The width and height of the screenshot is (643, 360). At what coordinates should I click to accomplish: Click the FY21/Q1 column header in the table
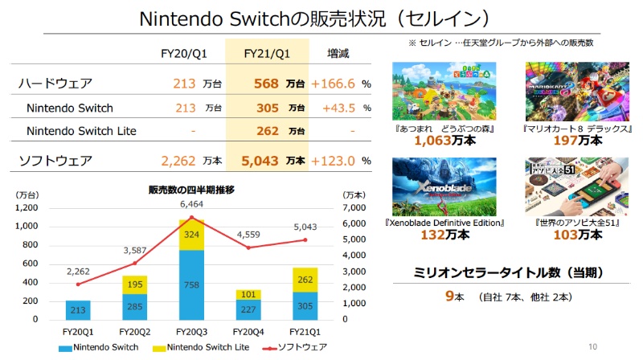[267, 54]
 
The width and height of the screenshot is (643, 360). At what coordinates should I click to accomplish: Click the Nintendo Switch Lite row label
[81, 131]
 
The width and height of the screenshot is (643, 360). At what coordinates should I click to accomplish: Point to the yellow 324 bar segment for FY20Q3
[191, 234]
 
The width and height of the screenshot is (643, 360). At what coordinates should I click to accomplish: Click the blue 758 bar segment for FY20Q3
[191, 284]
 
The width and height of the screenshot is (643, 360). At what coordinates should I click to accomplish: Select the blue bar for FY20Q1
[77, 309]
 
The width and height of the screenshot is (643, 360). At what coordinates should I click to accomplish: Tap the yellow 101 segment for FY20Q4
[248, 294]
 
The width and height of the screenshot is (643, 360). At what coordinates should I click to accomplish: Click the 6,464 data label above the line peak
[191, 205]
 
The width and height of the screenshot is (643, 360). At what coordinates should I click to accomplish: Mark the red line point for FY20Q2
[134, 263]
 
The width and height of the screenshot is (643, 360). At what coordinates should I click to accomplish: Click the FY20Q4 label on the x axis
[248, 330]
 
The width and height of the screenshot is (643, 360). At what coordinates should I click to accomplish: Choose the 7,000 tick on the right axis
[354, 207]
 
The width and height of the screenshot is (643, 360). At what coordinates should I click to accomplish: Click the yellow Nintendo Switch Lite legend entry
[202, 347]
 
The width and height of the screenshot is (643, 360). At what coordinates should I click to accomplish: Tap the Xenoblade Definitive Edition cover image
[444, 186]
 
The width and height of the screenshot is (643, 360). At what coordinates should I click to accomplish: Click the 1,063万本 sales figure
[443, 141]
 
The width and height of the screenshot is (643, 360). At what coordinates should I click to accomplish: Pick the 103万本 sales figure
[563, 235]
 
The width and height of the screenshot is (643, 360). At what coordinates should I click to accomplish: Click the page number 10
[593, 347]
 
